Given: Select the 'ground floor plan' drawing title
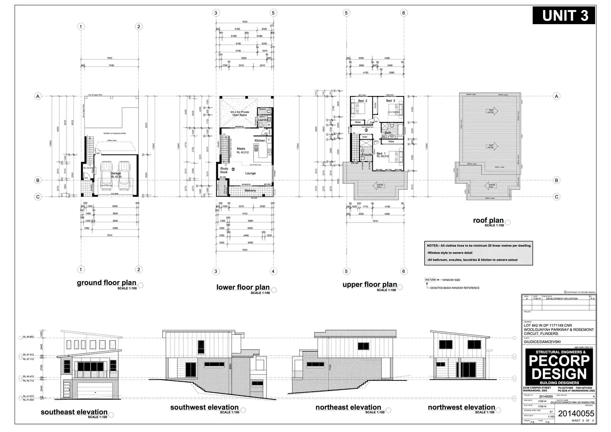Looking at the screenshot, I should [106, 283].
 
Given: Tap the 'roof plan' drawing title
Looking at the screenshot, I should [488, 221].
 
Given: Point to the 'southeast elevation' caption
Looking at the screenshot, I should [74, 412].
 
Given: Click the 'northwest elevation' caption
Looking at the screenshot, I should [461, 407].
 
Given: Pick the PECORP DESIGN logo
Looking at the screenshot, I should [559, 367].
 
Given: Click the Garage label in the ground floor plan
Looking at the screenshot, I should [115, 173].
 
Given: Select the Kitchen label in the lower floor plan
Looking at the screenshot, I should [260, 140].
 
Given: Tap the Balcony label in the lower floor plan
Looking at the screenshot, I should [250, 191].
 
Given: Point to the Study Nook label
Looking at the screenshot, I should [224, 170].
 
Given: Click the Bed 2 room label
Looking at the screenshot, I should [363, 101].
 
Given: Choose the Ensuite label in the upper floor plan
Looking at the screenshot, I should [367, 155].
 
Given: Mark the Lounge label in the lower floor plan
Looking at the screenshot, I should [250, 173].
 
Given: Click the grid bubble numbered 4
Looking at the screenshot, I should [273, 271].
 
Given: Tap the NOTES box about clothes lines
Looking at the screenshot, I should [479, 253].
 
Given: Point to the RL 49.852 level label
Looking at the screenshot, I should [28, 337].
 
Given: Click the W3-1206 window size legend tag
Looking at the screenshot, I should [430, 280].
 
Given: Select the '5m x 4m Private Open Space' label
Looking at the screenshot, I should [240, 113].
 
